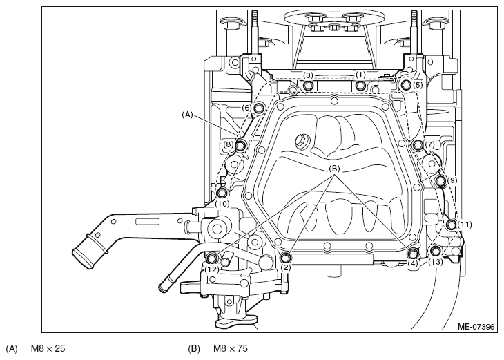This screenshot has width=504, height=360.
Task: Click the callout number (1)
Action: [360, 75]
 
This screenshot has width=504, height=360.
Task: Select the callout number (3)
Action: [308, 75]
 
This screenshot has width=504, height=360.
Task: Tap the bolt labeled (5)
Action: [405, 84]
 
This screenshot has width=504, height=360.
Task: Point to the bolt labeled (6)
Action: [258, 108]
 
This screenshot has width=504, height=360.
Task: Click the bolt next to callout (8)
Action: [241, 146]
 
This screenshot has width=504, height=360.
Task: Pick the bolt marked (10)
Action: [222, 193]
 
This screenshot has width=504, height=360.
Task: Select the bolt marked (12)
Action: [212, 258]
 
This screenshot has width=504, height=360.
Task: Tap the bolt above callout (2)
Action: [286, 258]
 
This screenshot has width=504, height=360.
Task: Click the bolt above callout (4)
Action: [413, 254]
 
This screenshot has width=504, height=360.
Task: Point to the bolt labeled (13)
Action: [435, 251]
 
